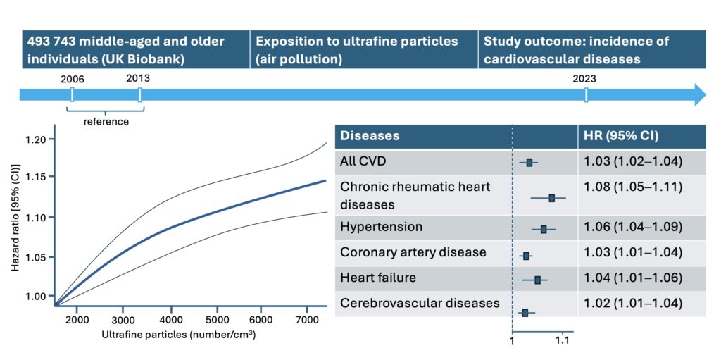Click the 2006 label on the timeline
point(73,79)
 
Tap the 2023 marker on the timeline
point(586,95)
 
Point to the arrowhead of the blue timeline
point(700,95)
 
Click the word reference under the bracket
point(106,122)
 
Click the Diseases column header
point(370,136)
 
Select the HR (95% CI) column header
point(621,136)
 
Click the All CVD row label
point(361,161)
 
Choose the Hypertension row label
point(381,227)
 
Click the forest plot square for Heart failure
point(537,280)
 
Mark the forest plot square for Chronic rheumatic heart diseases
point(552,198)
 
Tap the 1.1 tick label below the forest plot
point(563,341)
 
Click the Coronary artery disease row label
point(413,252)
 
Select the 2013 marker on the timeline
point(140,95)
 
